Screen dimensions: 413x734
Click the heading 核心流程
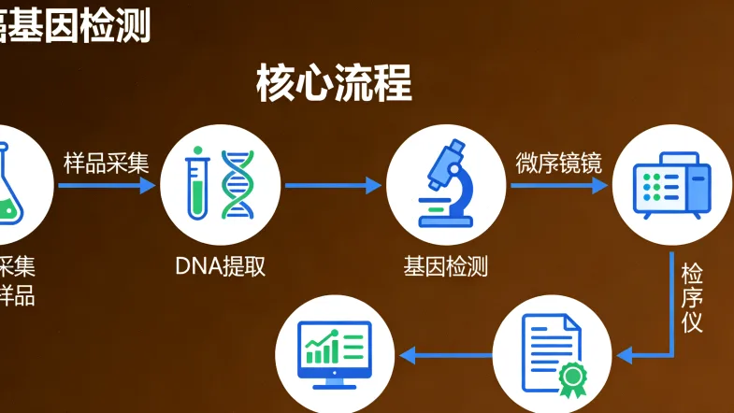(334, 84)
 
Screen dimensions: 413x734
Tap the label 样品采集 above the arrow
(106, 163)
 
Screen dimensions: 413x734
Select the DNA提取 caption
(221, 266)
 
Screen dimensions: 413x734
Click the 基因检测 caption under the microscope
(445, 266)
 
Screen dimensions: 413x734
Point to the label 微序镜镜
(558, 163)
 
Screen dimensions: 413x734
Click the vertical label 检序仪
(692, 298)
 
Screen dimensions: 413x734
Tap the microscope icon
(445, 184)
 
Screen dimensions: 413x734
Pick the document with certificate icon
(553, 353)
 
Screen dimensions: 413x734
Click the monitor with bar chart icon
(334, 353)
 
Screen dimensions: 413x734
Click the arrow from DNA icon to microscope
(333, 186)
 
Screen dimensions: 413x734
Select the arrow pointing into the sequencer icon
(559, 186)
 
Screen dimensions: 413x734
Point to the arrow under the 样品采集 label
(106, 186)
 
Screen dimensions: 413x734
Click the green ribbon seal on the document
(569, 377)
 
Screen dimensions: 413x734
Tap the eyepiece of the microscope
(456, 149)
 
